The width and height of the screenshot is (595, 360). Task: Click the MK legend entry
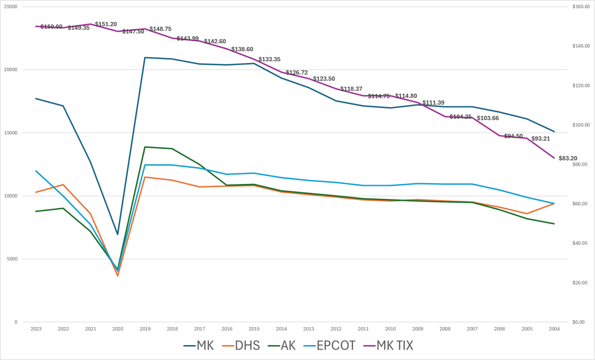tap(199, 345)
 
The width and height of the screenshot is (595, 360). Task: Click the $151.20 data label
tap(106, 24)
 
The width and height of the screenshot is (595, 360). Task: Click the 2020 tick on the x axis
tap(118, 329)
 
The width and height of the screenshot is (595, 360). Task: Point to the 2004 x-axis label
tap(554, 329)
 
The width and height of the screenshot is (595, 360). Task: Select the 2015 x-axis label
tap(254, 329)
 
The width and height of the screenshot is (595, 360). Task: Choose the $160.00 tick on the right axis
tap(579, 6)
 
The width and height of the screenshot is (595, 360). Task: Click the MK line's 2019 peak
tap(145, 58)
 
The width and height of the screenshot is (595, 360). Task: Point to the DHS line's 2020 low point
tap(118, 276)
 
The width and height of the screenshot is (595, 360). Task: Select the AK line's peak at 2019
tap(145, 147)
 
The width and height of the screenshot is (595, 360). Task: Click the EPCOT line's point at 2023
tap(36, 171)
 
